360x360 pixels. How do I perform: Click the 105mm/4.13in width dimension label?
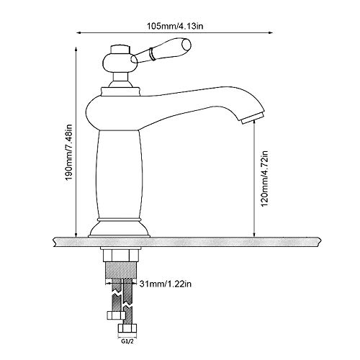tap(175, 26)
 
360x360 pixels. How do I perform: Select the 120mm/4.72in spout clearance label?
tap(264, 179)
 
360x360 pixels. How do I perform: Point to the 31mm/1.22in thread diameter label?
tap(166, 284)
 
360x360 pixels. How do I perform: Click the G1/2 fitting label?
tap(127, 341)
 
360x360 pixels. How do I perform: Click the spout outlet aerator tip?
tap(253, 118)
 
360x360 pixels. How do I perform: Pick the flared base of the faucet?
tap(119, 228)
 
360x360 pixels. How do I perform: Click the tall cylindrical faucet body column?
tap(119, 175)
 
